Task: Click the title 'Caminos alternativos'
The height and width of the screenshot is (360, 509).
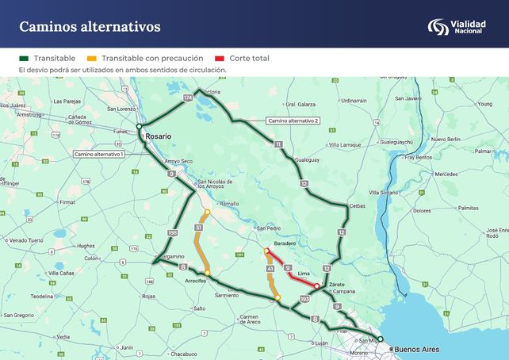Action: [90, 27]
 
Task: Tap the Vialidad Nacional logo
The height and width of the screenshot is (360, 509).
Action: [461, 27]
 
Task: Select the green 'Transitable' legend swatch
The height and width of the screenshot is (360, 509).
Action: [24, 59]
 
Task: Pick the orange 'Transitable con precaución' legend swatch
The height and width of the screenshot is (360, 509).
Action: [92, 59]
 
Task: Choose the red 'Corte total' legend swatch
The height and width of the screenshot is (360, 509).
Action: [220, 59]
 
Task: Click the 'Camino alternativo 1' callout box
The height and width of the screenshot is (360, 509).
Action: [98, 153]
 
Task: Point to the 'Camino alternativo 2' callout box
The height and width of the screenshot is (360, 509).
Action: [293, 121]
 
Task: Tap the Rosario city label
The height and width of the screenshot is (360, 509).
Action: [159, 136]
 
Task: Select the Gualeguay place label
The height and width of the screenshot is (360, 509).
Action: [307, 160]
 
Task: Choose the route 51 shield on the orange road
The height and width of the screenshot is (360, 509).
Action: [198, 228]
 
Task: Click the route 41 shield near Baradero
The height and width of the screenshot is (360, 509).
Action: [270, 270]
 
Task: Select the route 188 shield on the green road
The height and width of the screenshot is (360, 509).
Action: [173, 232]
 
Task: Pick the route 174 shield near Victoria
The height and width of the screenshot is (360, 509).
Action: [188, 97]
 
